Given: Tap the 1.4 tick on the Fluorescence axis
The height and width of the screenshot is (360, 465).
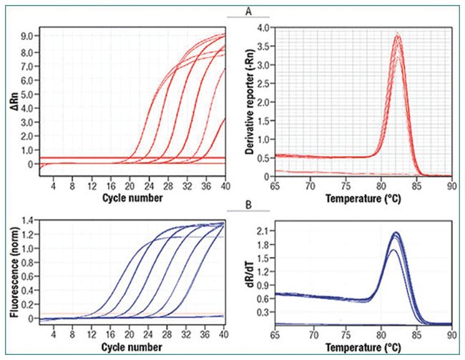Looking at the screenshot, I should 29,221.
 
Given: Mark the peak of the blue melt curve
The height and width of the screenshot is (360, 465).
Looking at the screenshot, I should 396,233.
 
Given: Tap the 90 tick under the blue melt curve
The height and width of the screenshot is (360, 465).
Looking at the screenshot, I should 450,333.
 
